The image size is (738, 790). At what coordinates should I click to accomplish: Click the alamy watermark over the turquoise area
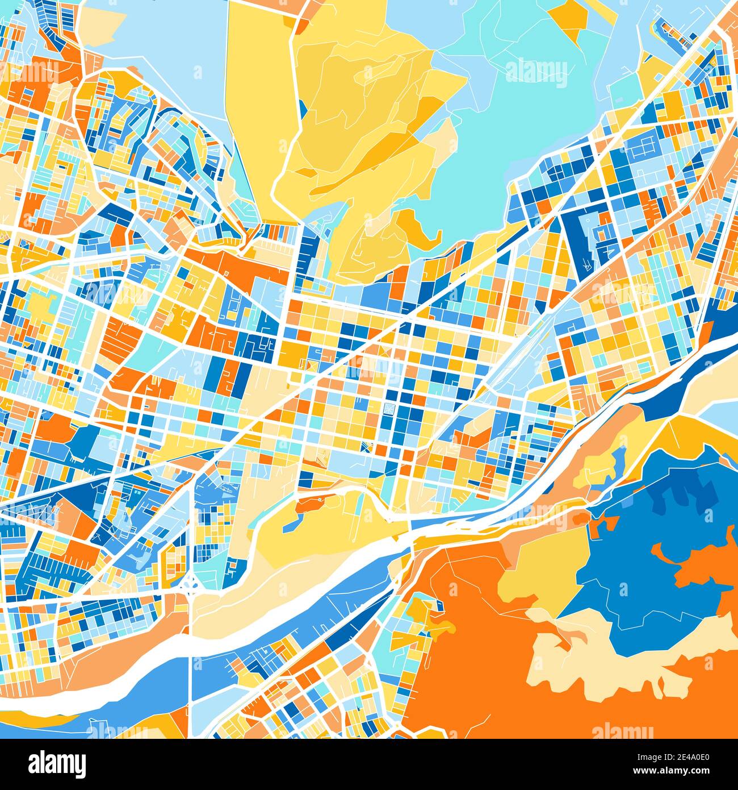tap(536, 72)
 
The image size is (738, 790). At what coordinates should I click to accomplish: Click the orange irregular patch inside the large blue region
tap(698, 563)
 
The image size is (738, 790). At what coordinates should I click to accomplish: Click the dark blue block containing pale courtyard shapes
tap(585, 239)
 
